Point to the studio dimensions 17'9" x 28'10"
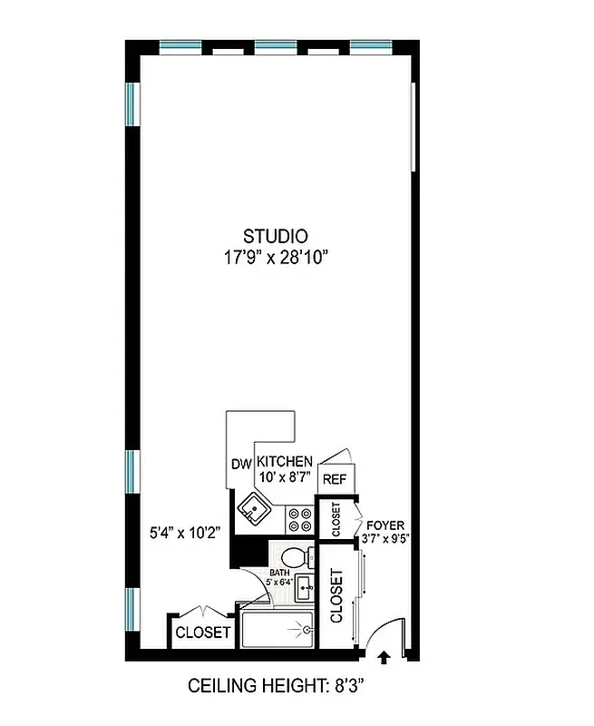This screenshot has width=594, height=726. click(x=275, y=258)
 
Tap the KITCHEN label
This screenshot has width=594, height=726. click(x=285, y=461)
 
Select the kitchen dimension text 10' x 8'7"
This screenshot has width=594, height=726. click(x=285, y=478)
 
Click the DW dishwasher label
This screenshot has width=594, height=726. click(x=240, y=464)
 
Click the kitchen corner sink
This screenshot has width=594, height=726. click(x=253, y=509)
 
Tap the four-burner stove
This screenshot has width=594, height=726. click(x=299, y=519)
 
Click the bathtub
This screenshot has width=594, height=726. click(x=276, y=627)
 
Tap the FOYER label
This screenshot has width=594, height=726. click(x=386, y=525)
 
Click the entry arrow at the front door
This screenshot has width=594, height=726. click(x=382, y=655)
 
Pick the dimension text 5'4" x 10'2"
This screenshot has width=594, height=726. click(x=186, y=533)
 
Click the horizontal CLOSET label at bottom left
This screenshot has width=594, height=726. click(x=203, y=633)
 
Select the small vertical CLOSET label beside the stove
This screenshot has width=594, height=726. click(x=335, y=519)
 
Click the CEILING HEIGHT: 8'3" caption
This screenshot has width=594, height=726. click(x=281, y=687)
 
